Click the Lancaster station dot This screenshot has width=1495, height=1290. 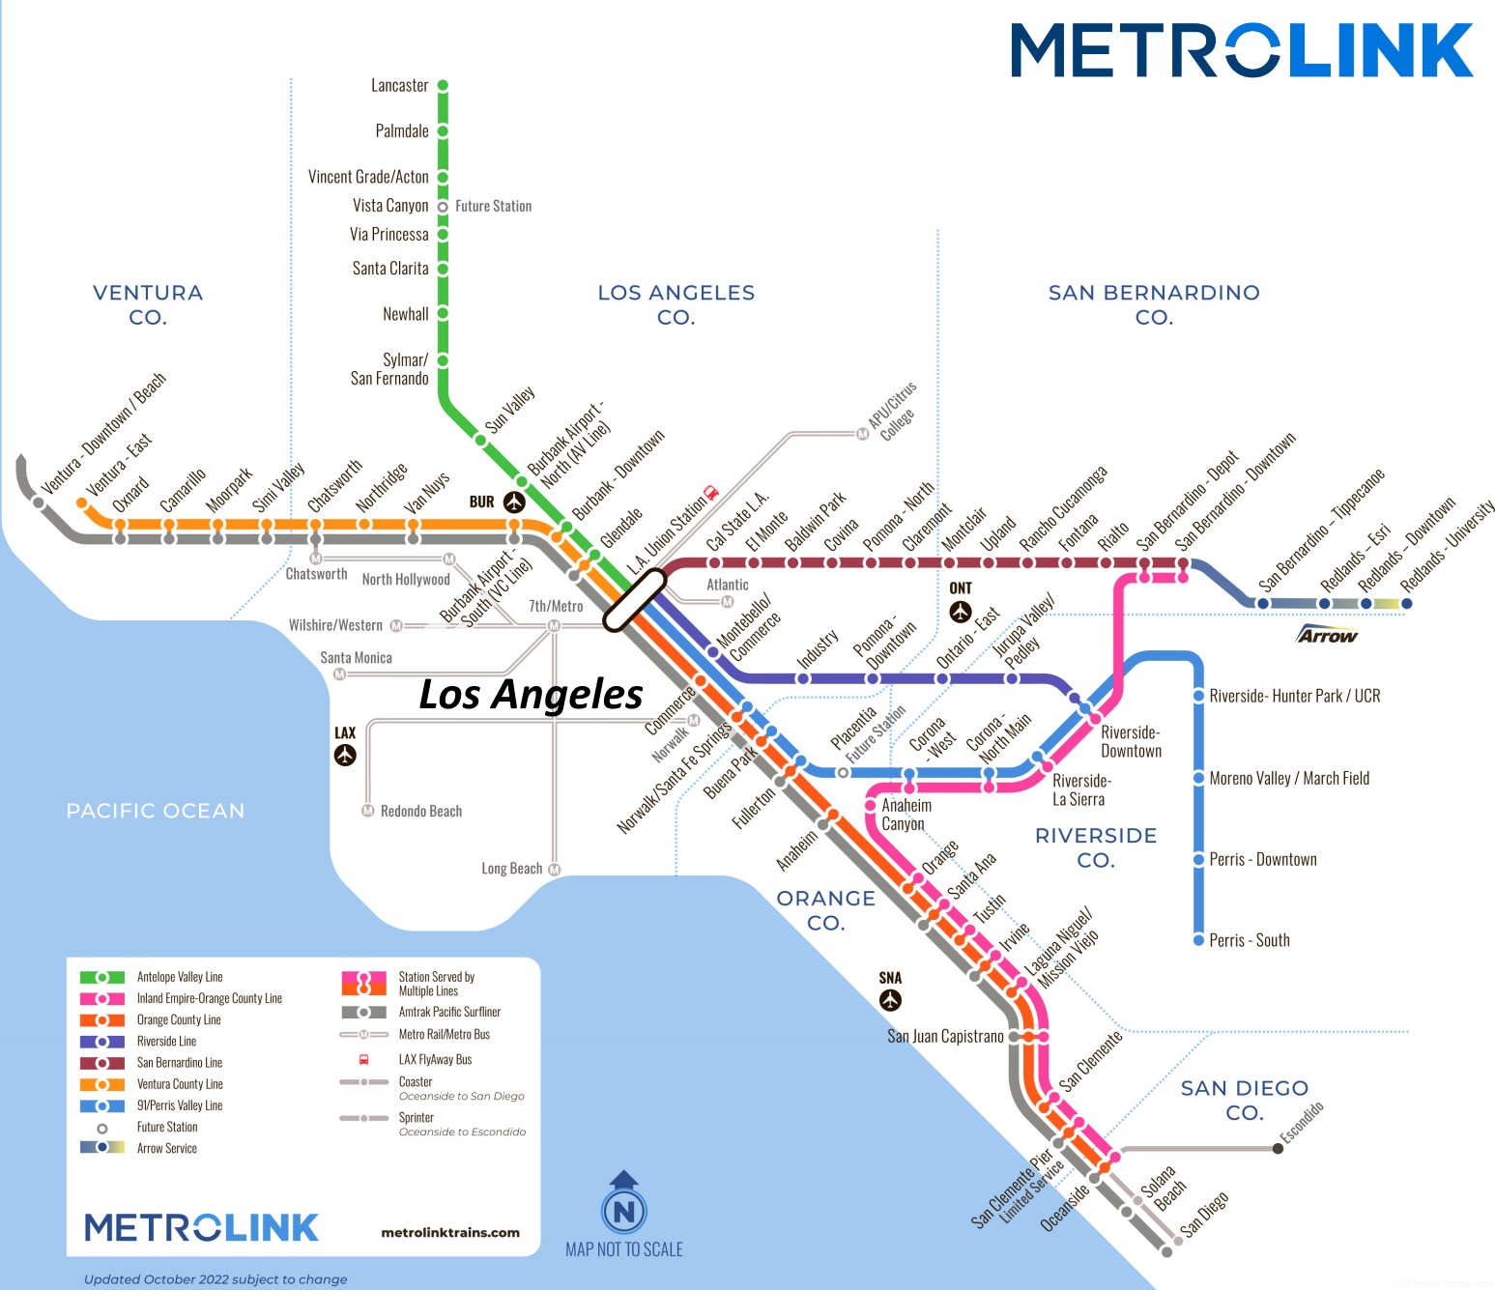pyautogui.click(x=443, y=86)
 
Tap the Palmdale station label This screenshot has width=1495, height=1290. pyautogui.click(x=402, y=131)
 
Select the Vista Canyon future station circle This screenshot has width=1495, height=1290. pyautogui.click(x=443, y=207)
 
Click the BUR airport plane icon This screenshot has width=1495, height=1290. pyautogui.click(x=514, y=502)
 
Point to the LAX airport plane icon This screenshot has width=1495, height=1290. pyautogui.click(x=345, y=755)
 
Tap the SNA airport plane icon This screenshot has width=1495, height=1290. pyautogui.click(x=890, y=1000)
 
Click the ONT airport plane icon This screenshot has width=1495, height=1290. pyautogui.click(x=960, y=612)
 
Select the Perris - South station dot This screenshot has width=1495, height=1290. pyautogui.click(x=1198, y=939)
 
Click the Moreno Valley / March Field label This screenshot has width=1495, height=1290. pyautogui.click(x=1289, y=779)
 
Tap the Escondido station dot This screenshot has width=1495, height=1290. pyautogui.click(x=1278, y=1148)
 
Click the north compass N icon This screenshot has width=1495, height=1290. pyautogui.click(x=624, y=1211)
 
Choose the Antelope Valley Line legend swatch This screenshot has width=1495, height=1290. pyautogui.click(x=102, y=978)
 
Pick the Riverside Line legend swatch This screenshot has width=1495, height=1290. pyautogui.click(x=102, y=1042)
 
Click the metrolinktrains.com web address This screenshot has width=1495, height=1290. pyautogui.click(x=450, y=1233)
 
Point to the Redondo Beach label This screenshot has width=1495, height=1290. pyautogui.click(x=421, y=812)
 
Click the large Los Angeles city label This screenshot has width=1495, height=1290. pyautogui.click(x=531, y=695)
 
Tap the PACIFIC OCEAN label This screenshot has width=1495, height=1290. pyautogui.click(x=156, y=811)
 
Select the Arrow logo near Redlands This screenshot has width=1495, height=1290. pyautogui.click(x=1327, y=635)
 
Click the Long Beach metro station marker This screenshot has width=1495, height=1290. pyautogui.click(x=555, y=870)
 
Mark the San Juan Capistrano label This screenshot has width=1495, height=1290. pyautogui.click(x=945, y=1037)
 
